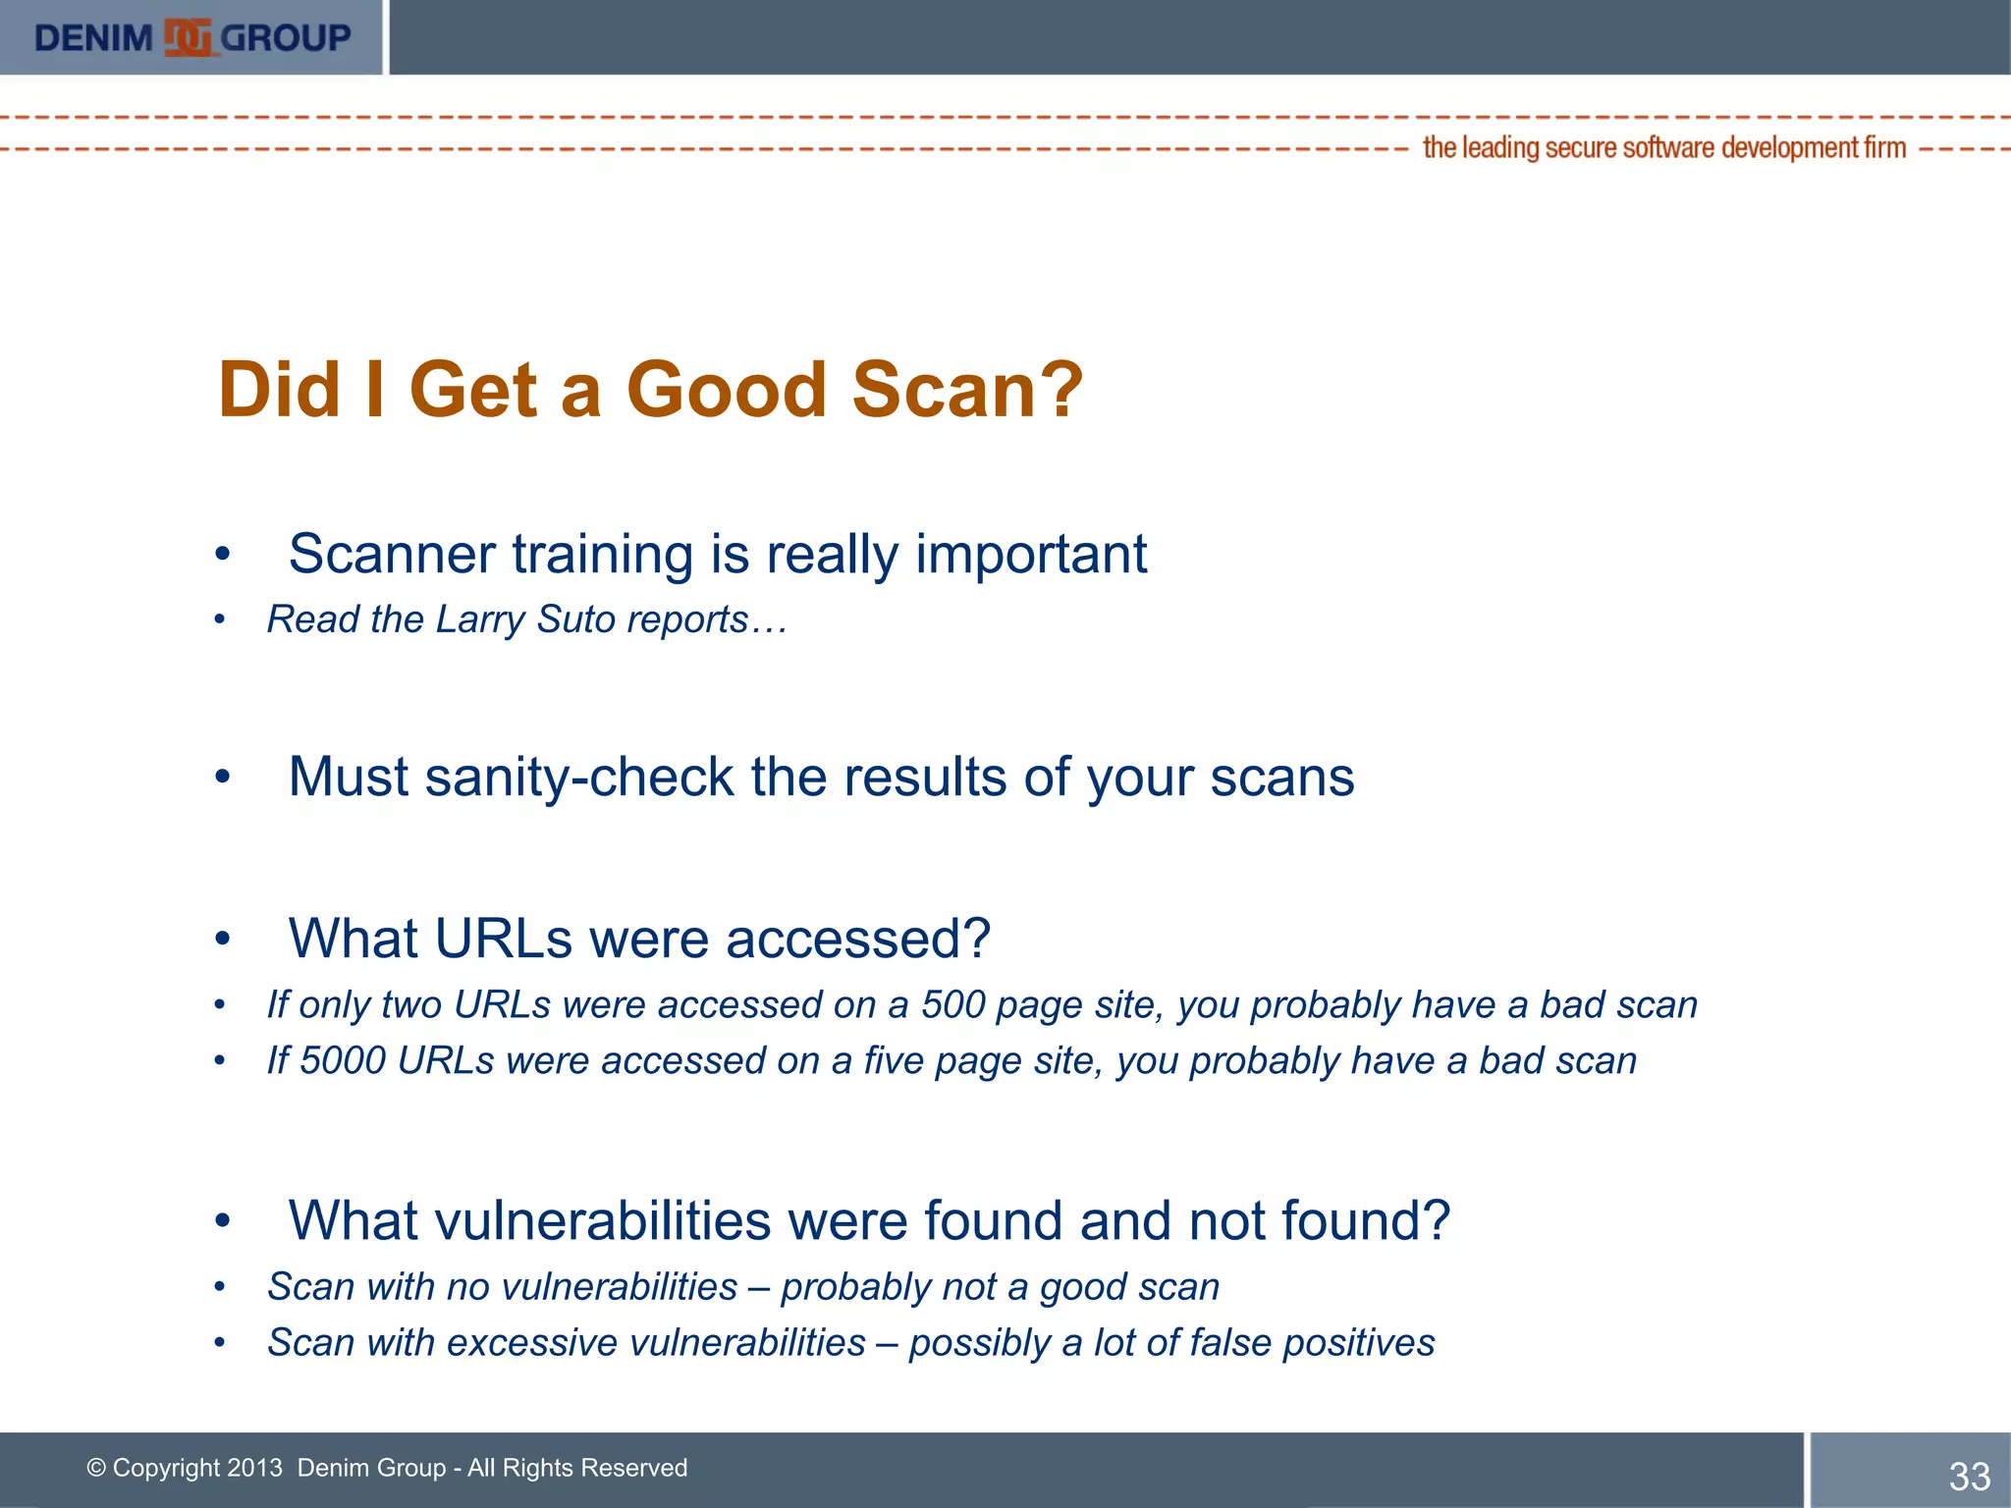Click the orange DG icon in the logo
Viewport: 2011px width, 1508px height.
point(187,38)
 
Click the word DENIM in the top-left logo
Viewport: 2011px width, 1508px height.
point(93,38)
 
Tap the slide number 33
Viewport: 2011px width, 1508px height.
point(1969,1477)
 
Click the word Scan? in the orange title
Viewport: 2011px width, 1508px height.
point(967,390)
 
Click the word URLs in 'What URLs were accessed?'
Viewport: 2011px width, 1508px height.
point(503,939)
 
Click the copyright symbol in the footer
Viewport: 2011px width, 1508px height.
point(96,1468)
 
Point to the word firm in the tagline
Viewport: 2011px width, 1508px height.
point(1884,147)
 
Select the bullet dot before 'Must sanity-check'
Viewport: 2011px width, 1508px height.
point(223,778)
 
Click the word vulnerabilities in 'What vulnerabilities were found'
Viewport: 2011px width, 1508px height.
point(603,1221)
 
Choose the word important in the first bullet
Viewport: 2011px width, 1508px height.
point(1031,555)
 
